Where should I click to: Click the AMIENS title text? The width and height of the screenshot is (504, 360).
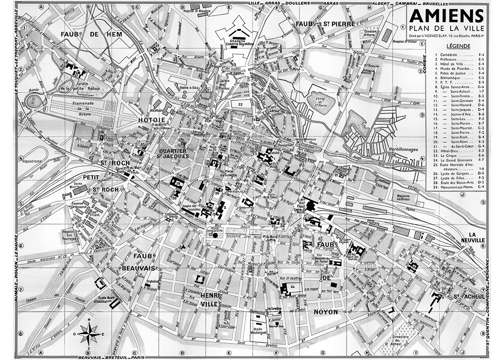[447, 16]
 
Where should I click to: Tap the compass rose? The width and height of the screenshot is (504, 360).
[88, 332]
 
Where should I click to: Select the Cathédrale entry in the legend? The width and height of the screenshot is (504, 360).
[452, 55]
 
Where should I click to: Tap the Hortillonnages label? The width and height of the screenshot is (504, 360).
[402, 150]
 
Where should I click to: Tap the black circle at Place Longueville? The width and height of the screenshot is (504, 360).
[215, 235]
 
